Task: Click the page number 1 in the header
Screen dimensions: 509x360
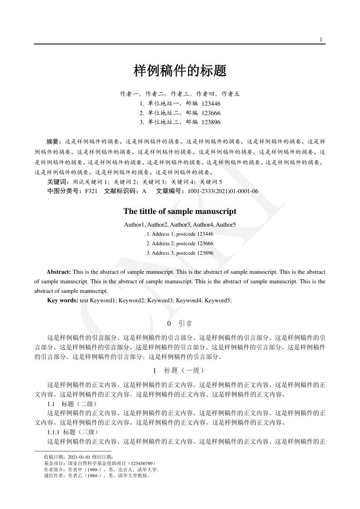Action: point(321,39)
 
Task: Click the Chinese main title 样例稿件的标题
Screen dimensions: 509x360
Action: point(180,71)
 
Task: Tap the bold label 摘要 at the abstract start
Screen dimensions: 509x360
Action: point(55,141)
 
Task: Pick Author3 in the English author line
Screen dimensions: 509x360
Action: point(180,225)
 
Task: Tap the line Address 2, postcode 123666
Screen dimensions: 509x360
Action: point(180,243)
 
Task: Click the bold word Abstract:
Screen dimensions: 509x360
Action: point(58,272)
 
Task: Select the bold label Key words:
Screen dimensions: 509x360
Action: point(63,300)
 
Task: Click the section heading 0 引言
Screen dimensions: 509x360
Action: point(180,324)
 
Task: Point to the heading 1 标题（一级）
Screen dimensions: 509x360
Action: point(180,370)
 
